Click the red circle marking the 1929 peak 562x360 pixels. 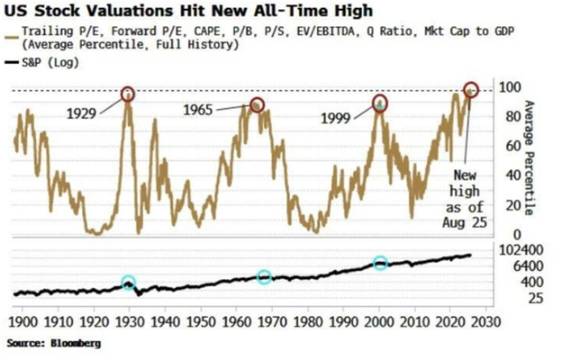click(x=127, y=93)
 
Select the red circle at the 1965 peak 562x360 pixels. click(x=257, y=105)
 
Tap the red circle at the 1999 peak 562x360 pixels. click(x=380, y=103)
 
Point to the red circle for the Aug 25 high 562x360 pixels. click(x=471, y=90)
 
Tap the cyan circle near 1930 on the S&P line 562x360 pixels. click(x=129, y=283)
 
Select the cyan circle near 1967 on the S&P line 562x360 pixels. click(x=264, y=277)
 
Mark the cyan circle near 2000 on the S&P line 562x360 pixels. click(x=380, y=263)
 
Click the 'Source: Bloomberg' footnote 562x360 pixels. click(x=54, y=343)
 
